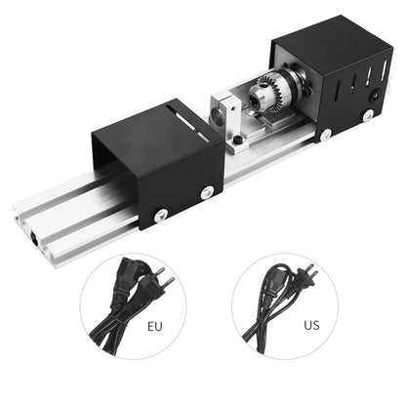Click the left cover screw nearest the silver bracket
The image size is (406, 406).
207,193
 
